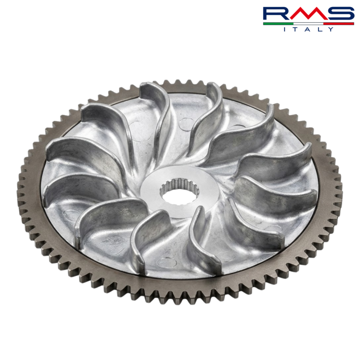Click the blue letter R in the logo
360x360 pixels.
[x=277, y=14]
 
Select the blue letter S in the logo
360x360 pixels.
[x=340, y=14]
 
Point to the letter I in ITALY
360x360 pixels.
[x=285, y=29]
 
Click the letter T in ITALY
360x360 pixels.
[x=296, y=29]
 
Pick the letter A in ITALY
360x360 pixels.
[x=308, y=29]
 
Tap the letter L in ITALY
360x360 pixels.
[x=320, y=29]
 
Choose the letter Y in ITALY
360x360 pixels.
[x=331, y=29]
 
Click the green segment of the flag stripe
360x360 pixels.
[x=278, y=24]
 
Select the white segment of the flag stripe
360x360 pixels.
[x=308, y=24]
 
